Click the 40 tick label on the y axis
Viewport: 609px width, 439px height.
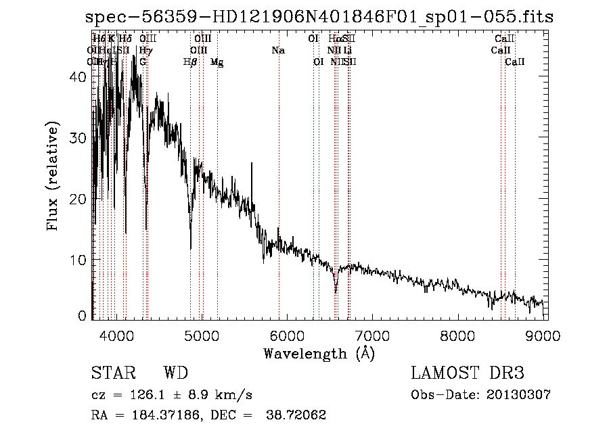pyautogui.click(x=78, y=77)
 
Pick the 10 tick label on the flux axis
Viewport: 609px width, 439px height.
pyautogui.click(x=78, y=260)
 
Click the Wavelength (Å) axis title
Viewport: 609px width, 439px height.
pyautogui.click(x=319, y=353)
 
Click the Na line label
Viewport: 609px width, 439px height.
pyautogui.click(x=278, y=51)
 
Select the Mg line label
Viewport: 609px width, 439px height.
pyautogui.click(x=217, y=62)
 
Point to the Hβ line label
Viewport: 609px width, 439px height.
pyautogui.click(x=190, y=62)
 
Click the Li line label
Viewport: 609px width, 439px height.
pyautogui.click(x=347, y=51)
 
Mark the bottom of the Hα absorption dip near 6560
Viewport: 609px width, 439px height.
pyautogui.click(x=336, y=292)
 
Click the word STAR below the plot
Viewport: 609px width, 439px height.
pyautogui.click(x=112, y=373)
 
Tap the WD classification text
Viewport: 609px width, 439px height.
pyautogui.click(x=175, y=373)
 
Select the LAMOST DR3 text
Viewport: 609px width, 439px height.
pyautogui.click(x=468, y=373)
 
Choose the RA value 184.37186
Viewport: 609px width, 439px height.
pyautogui.click(x=160, y=415)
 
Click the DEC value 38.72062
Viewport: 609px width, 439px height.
pyautogui.click(x=298, y=415)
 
